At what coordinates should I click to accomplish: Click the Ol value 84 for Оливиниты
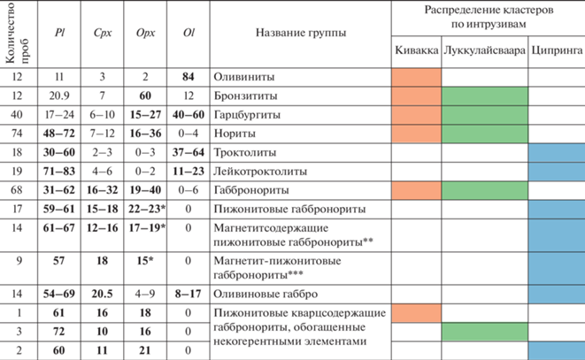pos(189,78)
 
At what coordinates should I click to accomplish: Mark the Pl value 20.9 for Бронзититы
pos(60,95)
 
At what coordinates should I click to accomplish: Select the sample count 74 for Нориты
pos(17,132)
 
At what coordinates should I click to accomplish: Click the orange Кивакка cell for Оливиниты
pos(416,78)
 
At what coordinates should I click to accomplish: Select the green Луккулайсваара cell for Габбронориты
pos(486,189)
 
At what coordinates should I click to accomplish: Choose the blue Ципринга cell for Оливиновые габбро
pos(557,292)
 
